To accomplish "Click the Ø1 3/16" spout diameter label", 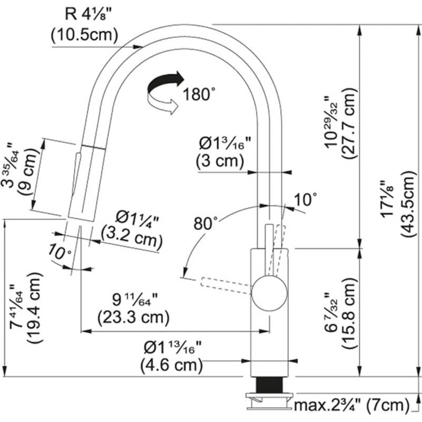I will tap(224, 143).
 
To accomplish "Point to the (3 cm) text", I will tap(219, 161).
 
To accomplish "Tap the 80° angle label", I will tap(205, 223).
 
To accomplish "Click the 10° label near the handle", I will tap(306, 199).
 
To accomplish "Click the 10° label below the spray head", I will tap(60, 253).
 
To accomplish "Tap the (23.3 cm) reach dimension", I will tap(133, 318).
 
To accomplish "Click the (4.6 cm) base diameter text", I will tap(172, 364).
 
